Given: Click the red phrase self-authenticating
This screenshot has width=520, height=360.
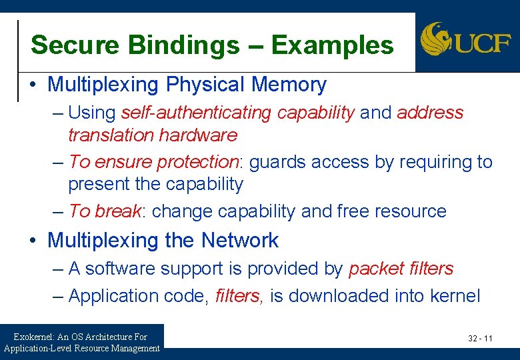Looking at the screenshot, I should [196, 113].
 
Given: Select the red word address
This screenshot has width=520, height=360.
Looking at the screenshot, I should [429, 113].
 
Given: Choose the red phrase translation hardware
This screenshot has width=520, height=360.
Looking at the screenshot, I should [153, 135].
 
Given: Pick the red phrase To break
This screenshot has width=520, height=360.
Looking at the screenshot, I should [105, 211].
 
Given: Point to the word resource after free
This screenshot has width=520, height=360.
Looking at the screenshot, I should [410, 211].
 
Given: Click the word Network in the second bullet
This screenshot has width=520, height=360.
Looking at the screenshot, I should [240, 240].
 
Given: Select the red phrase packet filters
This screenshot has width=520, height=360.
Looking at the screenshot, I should [401, 269].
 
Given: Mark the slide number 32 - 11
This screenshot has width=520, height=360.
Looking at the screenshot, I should [480, 339].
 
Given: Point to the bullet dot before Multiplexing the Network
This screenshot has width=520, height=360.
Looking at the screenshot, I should [33, 241].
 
